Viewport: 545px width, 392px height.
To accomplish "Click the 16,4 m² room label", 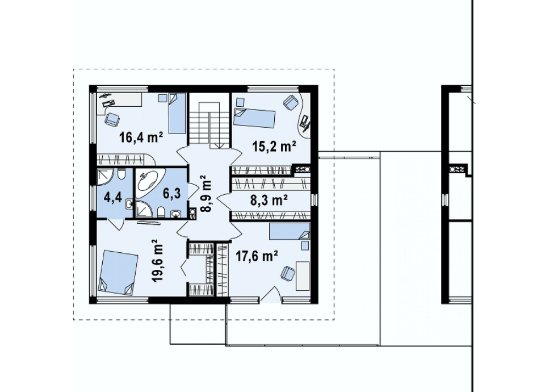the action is point(141,137).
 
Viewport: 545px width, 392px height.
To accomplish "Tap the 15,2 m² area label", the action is point(274,147).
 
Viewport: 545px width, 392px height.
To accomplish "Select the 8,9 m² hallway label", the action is point(206,194).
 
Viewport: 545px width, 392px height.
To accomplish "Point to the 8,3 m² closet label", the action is point(269,201).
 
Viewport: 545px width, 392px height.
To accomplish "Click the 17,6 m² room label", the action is point(257,256).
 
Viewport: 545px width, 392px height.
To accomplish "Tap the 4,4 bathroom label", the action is point(113,198).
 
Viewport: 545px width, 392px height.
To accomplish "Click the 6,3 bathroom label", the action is point(171,194).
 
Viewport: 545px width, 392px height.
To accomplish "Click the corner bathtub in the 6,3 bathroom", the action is point(149,180).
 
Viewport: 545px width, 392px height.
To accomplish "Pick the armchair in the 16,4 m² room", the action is point(112,119).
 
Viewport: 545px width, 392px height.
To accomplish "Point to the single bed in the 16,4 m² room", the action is point(177,114).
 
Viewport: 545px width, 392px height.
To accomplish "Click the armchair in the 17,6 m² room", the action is point(288,273).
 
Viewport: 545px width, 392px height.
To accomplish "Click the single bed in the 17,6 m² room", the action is point(289,231).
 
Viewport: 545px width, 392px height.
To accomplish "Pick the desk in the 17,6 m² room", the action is point(303,276).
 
